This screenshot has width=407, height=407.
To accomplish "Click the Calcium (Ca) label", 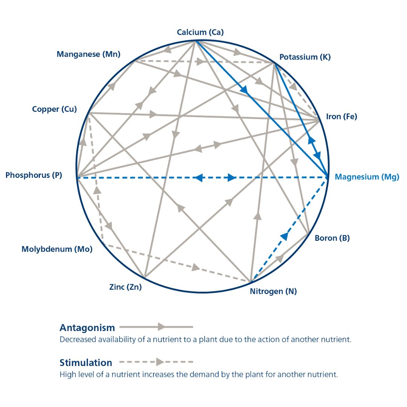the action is click(x=200, y=32).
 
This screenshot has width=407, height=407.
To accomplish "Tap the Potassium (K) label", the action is click(x=305, y=57).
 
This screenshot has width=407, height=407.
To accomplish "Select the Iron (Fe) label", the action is click(x=341, y=116).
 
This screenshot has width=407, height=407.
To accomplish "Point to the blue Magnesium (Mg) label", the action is click(x=367, y=177).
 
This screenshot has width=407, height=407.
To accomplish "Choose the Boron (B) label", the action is click(x=332, y=238).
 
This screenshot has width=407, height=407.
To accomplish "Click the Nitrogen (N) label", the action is click(x=273, y=291).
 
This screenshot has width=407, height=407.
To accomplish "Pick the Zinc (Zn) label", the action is click(x=125, y=287).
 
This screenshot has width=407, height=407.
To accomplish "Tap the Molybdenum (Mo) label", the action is click(x=57, y=249).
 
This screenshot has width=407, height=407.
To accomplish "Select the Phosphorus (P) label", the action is click(x=34, y=175).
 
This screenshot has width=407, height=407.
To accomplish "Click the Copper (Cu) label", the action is click(x=55, y=109).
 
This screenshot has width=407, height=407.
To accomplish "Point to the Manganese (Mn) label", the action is click(x=89, y=54).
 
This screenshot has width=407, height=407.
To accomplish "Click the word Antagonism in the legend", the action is click(x=87, y=327).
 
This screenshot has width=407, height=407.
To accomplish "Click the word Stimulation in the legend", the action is click(x=86, y=363).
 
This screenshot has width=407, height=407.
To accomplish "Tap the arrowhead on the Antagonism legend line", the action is click(x=161, y=327).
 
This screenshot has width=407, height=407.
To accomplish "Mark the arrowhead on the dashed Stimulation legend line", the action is click(x=160, y=362).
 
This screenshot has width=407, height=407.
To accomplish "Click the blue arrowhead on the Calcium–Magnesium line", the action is click(x=245, y=90).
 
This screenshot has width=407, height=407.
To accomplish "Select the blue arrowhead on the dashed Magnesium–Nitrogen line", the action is click(x=285, y=236).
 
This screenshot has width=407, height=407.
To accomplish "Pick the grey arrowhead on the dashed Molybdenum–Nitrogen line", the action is click(x=196, y=267).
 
